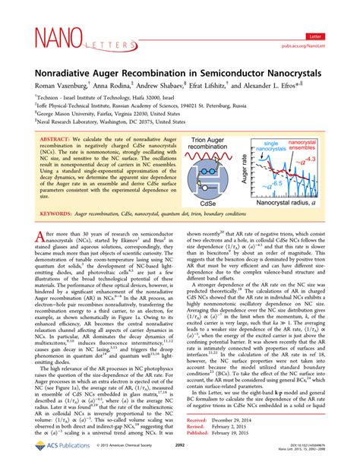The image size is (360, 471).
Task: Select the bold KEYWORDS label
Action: click(x=57, y=214)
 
